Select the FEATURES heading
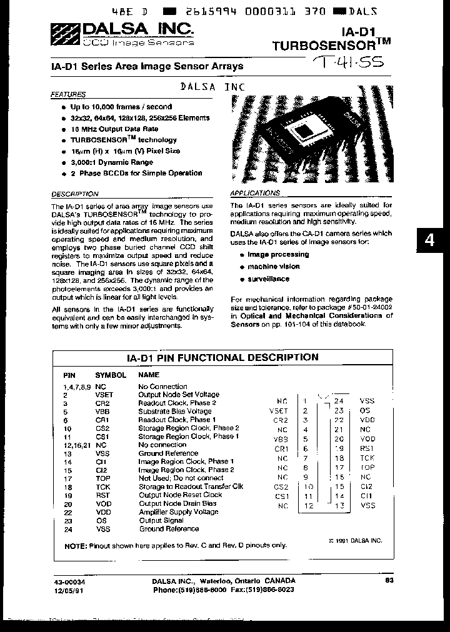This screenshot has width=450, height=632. (67, 95)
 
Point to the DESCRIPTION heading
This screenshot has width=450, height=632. (74, 194)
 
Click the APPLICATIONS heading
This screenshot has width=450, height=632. (255, 194)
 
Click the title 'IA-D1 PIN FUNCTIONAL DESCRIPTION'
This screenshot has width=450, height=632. (222, 358)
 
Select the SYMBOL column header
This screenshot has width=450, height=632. (110, 375)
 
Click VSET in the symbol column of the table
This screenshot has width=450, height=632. (104, 395)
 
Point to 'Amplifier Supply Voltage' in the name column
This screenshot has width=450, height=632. (178, 512)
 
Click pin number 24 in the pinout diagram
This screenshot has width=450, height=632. (339, 401)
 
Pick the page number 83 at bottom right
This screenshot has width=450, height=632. (389, 580)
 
